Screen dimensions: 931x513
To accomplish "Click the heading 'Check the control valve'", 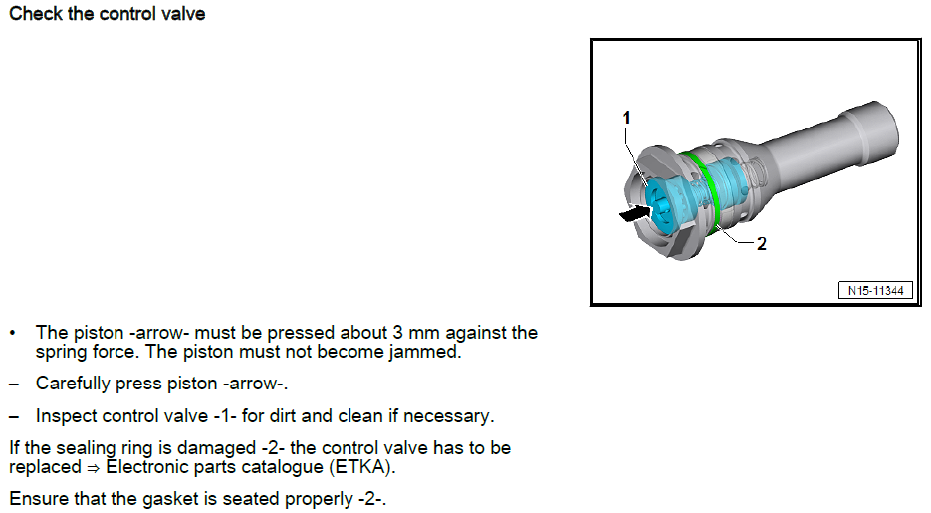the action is click(x=108, y=14).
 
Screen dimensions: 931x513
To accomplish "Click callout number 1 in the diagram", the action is click(x=626, y=118).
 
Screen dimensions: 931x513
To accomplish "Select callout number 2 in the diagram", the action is click(x=761, y=243).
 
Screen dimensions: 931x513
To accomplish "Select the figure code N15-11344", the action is click(x=876, y=290).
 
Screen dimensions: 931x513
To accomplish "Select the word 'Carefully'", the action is click(x=73, y=384).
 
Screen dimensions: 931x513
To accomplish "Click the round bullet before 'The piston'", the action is click(x=13, y=333).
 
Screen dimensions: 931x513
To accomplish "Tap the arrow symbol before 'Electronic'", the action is click(x=94, y=468).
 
